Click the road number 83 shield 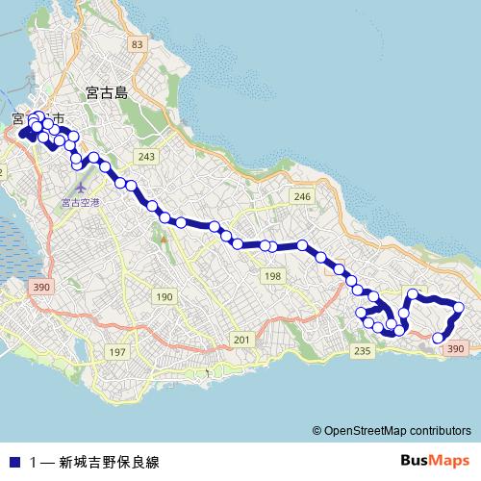point(138,44)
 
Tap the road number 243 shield point(146,157)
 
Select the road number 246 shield point(302,196)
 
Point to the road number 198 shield point(273,276)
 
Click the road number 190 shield point(164,296)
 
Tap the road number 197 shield point(117,352)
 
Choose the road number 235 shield point(362,352)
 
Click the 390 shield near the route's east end point(456,349)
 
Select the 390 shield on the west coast point(40,287)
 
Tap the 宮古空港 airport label point(80,202)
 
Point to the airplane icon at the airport point(80,184)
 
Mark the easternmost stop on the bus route point(459,308)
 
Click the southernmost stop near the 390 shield point(438,338)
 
